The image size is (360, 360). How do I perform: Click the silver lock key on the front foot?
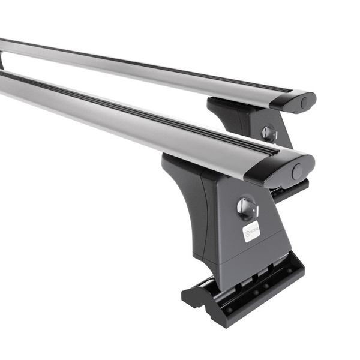pos(247,208)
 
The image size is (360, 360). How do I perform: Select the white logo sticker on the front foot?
pos(251,230)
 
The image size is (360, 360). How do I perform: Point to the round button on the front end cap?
pos(297,172)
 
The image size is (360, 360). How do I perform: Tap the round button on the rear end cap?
pos(305,103)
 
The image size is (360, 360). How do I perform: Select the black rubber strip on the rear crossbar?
pos(150,64)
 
